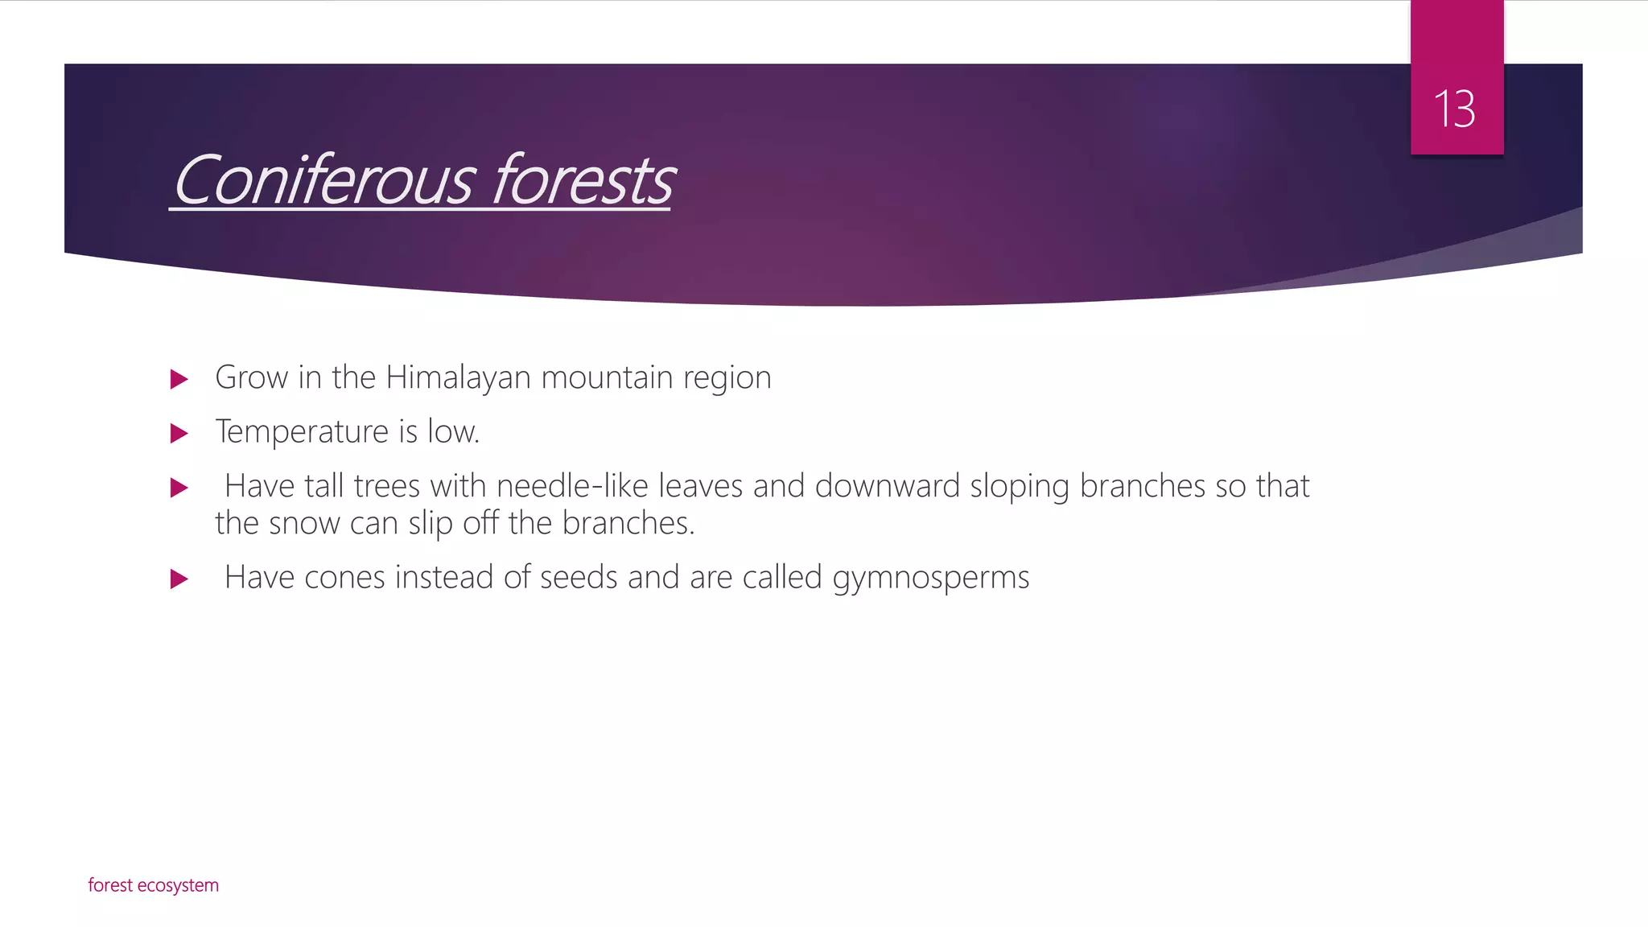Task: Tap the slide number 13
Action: coord(1455,109)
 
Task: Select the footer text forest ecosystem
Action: coord(153,885)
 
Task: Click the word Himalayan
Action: coord(458,377)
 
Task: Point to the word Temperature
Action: coord(302,432)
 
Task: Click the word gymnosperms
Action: coord(930,578)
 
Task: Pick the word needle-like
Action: coord(572,486)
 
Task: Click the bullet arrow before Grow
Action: coord(179,379)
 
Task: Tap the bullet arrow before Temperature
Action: coord(179,434)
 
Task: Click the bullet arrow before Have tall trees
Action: coord(179,488)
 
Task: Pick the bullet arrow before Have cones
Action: coord(179,579)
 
